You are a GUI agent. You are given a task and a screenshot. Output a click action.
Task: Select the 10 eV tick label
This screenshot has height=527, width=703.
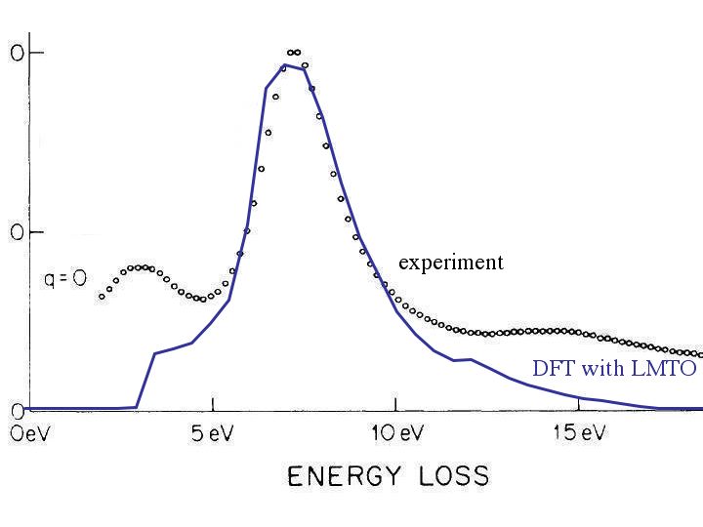coord(395,432)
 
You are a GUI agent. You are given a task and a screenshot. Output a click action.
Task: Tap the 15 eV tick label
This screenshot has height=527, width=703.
coord(579,432)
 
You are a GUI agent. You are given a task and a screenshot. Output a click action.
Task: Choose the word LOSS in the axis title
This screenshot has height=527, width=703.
coord(445,476)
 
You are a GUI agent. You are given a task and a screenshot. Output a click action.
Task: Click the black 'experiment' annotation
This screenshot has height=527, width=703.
coord(450,263)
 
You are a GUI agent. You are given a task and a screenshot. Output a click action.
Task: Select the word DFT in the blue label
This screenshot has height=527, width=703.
coord(553,369)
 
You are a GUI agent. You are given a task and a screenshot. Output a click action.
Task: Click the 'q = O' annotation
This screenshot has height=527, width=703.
coord(65,279)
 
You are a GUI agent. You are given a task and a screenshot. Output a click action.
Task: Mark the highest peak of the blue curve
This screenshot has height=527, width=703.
coord(284,65)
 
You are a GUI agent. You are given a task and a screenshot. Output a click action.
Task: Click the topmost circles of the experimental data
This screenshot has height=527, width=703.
coord(294,52)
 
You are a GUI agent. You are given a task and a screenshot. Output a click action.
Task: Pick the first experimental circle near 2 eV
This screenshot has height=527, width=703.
coord(102,296)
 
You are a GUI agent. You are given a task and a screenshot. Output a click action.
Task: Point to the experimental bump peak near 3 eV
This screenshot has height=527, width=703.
coord(142,266)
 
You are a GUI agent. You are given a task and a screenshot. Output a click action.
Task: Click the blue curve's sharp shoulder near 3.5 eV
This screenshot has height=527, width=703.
coord(155,353)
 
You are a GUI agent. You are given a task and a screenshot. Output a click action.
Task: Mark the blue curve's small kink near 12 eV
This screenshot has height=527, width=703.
coord(471,359)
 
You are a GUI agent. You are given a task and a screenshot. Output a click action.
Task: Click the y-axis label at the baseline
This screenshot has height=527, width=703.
coord(15,409)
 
